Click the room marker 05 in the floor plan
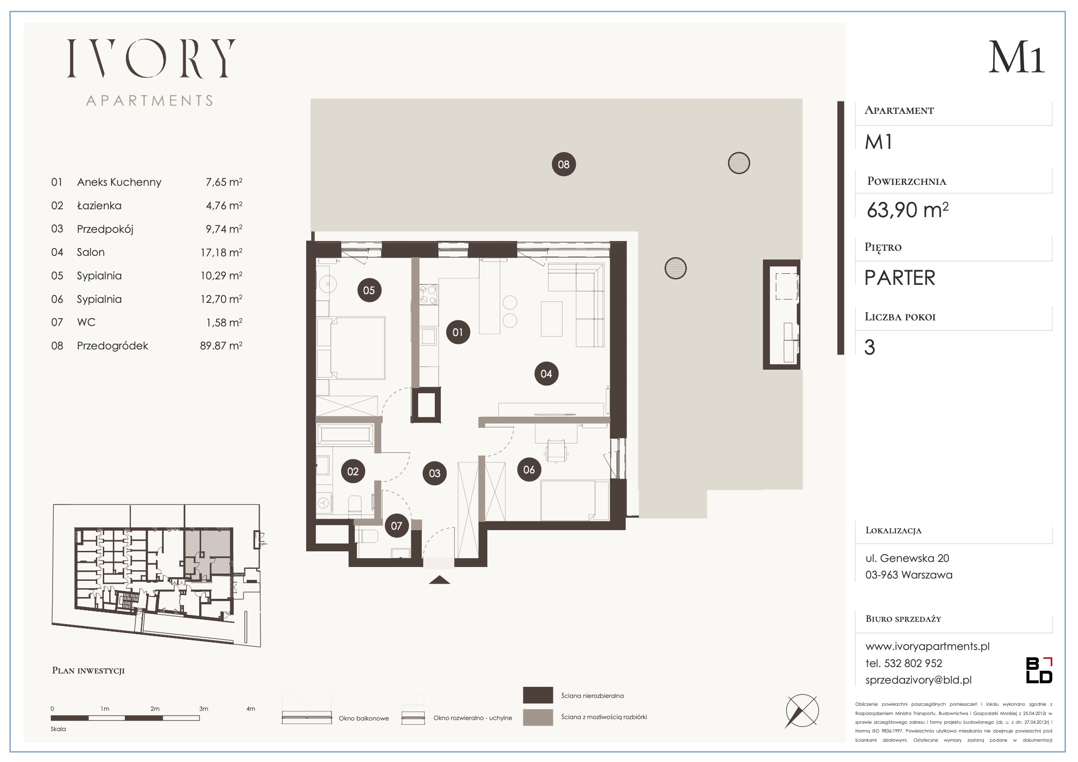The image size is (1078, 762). tap(369, 290)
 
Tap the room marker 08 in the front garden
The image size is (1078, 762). tap(563, 164)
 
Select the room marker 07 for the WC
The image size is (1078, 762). tap(396, 526)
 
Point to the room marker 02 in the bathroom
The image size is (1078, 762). tap(353, 472)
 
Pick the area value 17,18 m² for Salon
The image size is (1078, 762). tap(221, 252)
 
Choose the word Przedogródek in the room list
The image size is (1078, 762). tap(112, 346)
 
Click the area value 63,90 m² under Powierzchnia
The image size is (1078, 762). tap(907, 210)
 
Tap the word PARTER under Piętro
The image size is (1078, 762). tap(900, 278)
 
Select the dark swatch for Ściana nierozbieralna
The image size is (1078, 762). tap(538, 695)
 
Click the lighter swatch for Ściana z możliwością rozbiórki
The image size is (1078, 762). tap(538, 717)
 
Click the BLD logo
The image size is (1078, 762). tap(1039, 670)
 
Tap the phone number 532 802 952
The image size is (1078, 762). tap(913, 663)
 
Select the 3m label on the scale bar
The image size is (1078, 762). tap(203, 709)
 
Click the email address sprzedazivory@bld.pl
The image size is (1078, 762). tap(918, 680)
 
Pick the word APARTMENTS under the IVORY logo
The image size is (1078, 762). tap(150, 100)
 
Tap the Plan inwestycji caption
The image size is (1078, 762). tap(88, 670)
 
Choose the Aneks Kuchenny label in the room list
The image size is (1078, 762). tap(119, 182)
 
